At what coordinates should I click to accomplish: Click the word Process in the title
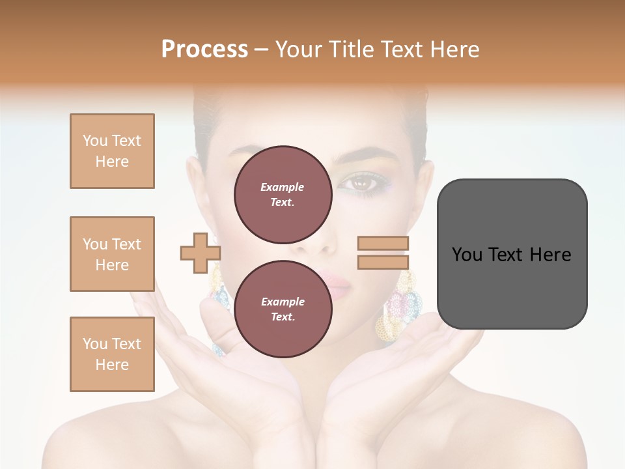point(204,50)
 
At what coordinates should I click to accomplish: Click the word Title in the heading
point(352,50)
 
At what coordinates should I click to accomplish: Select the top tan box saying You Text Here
point(112,151)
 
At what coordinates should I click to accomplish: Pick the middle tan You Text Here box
point(112,254)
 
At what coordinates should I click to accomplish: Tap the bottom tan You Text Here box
point(112,354)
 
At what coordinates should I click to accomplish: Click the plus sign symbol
point(201,253)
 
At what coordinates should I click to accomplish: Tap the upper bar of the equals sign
point(383,244)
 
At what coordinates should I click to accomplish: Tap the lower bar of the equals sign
point(383,262)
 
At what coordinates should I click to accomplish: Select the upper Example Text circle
point(283,194)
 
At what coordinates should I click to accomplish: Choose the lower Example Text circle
point(283,309)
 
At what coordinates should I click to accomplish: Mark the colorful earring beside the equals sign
point(399,306)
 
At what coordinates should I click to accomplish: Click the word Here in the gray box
point(550,255)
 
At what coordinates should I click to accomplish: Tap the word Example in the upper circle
point(283,187)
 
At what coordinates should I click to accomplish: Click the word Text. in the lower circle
point(283,317)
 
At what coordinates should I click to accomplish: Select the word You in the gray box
point(467,255)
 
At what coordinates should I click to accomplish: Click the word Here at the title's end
point(454,50)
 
